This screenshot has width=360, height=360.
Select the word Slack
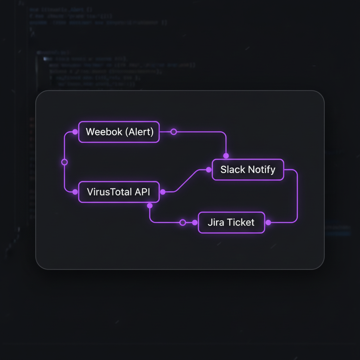point(232,169)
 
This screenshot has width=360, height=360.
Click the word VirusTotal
point(109,192)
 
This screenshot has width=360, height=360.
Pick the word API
point(142,192)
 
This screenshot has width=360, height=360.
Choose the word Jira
point(216,222)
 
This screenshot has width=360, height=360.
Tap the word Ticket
point(240,222)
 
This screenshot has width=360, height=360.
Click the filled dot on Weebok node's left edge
point(75,132)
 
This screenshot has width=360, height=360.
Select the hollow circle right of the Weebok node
point(173,132)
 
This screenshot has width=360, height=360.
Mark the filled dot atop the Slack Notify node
point(226,156)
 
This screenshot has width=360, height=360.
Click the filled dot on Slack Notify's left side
point(208,170)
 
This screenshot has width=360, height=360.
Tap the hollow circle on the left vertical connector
point(64,162)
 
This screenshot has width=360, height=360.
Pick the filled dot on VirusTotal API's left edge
point(75,192)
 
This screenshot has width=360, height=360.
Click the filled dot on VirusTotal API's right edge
point(163,192)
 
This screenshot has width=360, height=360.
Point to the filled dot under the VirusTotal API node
point(149,206)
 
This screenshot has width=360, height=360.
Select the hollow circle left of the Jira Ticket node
point(182,223)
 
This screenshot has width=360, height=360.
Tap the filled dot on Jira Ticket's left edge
point(195,223)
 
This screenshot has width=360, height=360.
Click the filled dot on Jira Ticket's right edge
point(268,223)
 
